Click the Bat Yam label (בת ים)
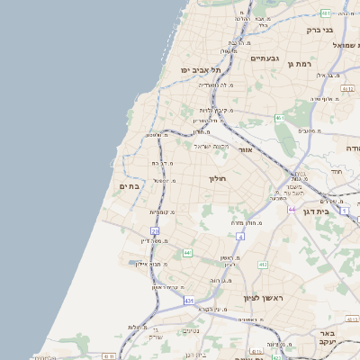[x=130, y=186]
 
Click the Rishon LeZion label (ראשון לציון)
[x=262, y=297]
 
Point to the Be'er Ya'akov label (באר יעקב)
[x=326, y=337]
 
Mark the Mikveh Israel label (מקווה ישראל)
[x=212, y=146]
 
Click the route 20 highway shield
[x=155, y=231]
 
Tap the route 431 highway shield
[x=188, y=300]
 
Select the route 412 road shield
[x=262, y=265]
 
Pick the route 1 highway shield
[x=345, y=210]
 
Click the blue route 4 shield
[x=240, y=237]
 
